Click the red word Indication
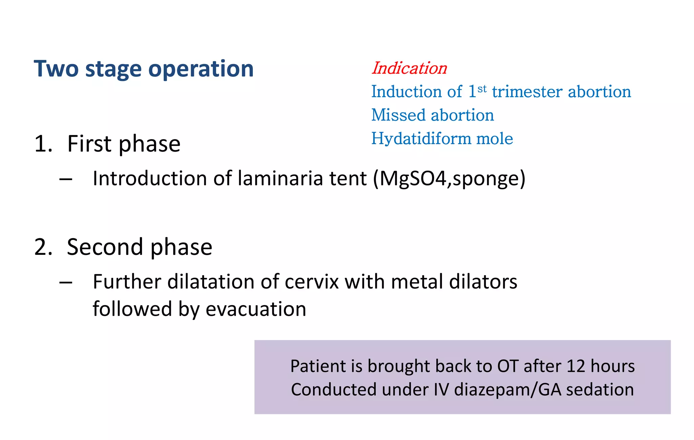(x=409, y=68)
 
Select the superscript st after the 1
(x=482, y=89)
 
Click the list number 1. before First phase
(x=43, y=144)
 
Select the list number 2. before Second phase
(x=43, y=247)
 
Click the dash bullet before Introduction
(x=66, y=179)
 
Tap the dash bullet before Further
(x=66, y=282)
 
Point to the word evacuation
(x=256, y=309)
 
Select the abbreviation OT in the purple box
(x=508, y=366)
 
